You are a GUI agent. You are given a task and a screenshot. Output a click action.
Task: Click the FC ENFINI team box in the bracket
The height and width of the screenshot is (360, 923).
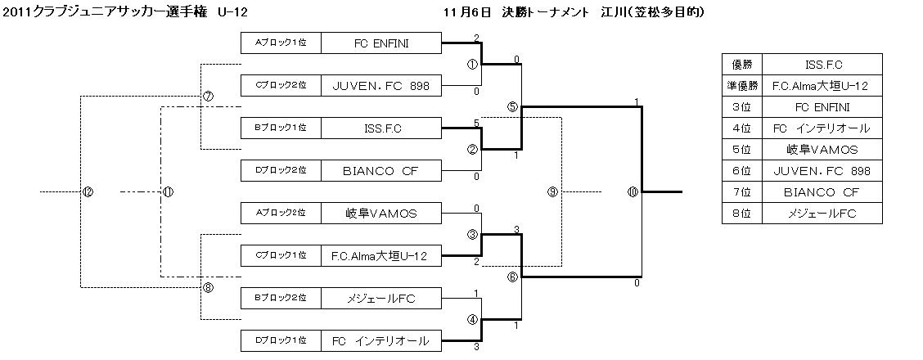[x=381, y=43]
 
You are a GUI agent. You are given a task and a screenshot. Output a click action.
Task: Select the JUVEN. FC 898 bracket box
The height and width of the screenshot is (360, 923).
[x=381, y=85]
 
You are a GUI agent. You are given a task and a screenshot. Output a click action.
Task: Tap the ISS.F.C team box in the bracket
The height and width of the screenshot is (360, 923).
[x=381, y=128]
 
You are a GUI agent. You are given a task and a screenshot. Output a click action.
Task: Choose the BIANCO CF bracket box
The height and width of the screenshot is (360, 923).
[x=381, y=170]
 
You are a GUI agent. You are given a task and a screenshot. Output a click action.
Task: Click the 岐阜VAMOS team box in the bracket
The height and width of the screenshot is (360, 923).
[x=381, y=213]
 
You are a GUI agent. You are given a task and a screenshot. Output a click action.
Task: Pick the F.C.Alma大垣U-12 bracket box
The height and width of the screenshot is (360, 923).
[x=381, y=255]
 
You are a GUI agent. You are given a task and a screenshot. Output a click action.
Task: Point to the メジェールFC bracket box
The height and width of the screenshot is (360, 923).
[x=381, y=299]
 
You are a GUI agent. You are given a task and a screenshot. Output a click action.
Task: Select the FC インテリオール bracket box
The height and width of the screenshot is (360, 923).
[x=381, y=340]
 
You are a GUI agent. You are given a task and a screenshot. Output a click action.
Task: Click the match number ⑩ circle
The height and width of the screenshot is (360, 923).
[x=633, y=191]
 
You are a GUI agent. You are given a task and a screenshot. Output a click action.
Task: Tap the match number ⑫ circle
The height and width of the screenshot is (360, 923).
[x=88, y=191]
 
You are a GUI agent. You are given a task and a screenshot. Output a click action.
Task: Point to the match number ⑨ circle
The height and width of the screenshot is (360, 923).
[x=553, y=191]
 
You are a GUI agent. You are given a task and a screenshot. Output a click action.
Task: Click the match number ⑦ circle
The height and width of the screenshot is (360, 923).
[x=208, y=97]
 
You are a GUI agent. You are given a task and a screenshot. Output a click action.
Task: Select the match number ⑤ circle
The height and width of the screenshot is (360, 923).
[x=513, y=106]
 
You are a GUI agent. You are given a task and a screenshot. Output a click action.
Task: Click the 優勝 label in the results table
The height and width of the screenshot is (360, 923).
[x=742, y=65]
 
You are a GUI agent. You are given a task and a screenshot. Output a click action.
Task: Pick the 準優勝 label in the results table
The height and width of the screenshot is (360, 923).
[x=742, y=86]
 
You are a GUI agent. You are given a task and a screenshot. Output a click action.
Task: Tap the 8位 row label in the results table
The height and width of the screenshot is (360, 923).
[x=742, y=214]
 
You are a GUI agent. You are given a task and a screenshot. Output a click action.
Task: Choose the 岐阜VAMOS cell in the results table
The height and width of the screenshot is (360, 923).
[x=823, y=150]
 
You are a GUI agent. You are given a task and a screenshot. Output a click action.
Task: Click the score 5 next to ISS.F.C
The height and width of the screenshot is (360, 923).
[x=476, y=124]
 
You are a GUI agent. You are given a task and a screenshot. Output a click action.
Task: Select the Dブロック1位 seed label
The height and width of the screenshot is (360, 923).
[x=281, y=340]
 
